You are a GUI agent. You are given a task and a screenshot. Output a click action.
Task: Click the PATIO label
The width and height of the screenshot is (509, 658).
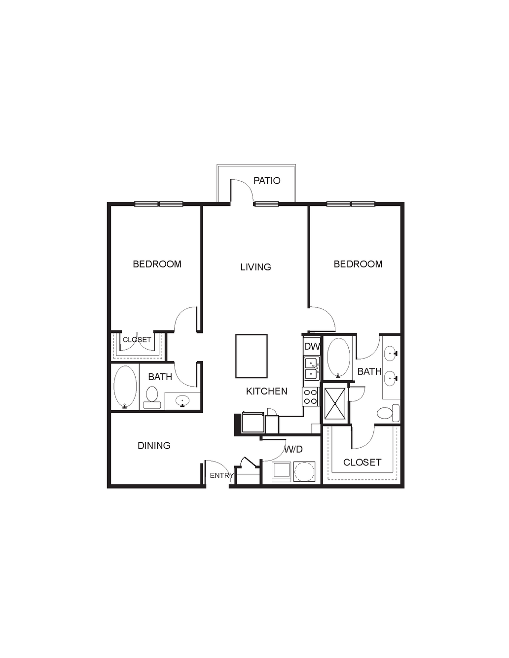click(267, 181)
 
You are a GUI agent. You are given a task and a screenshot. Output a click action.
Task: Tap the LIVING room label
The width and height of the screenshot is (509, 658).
click(255, 267)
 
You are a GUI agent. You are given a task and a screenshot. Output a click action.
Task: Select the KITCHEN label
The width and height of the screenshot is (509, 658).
click(266, 391)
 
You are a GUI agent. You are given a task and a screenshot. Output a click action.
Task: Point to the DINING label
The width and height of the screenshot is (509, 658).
click(154, 445)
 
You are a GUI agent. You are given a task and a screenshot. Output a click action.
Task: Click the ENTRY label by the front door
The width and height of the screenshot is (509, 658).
click(221, 476)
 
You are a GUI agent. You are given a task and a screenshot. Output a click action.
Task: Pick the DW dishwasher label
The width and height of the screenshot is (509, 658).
click(312, 346)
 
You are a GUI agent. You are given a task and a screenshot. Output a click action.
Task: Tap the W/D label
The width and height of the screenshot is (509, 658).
click(293, 449)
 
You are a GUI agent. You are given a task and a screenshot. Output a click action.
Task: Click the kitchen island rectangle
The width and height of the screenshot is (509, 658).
click(252, 356)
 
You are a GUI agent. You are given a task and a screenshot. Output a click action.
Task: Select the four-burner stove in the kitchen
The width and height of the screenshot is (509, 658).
click(310, 396)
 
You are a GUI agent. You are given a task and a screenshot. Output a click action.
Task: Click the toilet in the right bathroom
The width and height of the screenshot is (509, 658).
click(388, 413)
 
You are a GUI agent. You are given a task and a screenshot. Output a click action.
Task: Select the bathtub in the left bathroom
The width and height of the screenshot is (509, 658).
click(125, 387)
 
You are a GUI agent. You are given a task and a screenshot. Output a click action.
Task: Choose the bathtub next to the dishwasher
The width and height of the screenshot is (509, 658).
click(338, 358)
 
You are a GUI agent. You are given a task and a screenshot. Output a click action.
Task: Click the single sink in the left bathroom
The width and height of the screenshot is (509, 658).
click(182, 401)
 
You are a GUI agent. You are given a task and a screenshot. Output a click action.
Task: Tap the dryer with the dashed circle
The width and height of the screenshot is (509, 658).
click(304, 471)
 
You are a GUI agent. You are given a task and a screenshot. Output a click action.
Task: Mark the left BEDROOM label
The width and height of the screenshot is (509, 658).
click(157, 264)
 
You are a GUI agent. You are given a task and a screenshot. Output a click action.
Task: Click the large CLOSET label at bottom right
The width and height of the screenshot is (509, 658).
click(363, 462)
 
